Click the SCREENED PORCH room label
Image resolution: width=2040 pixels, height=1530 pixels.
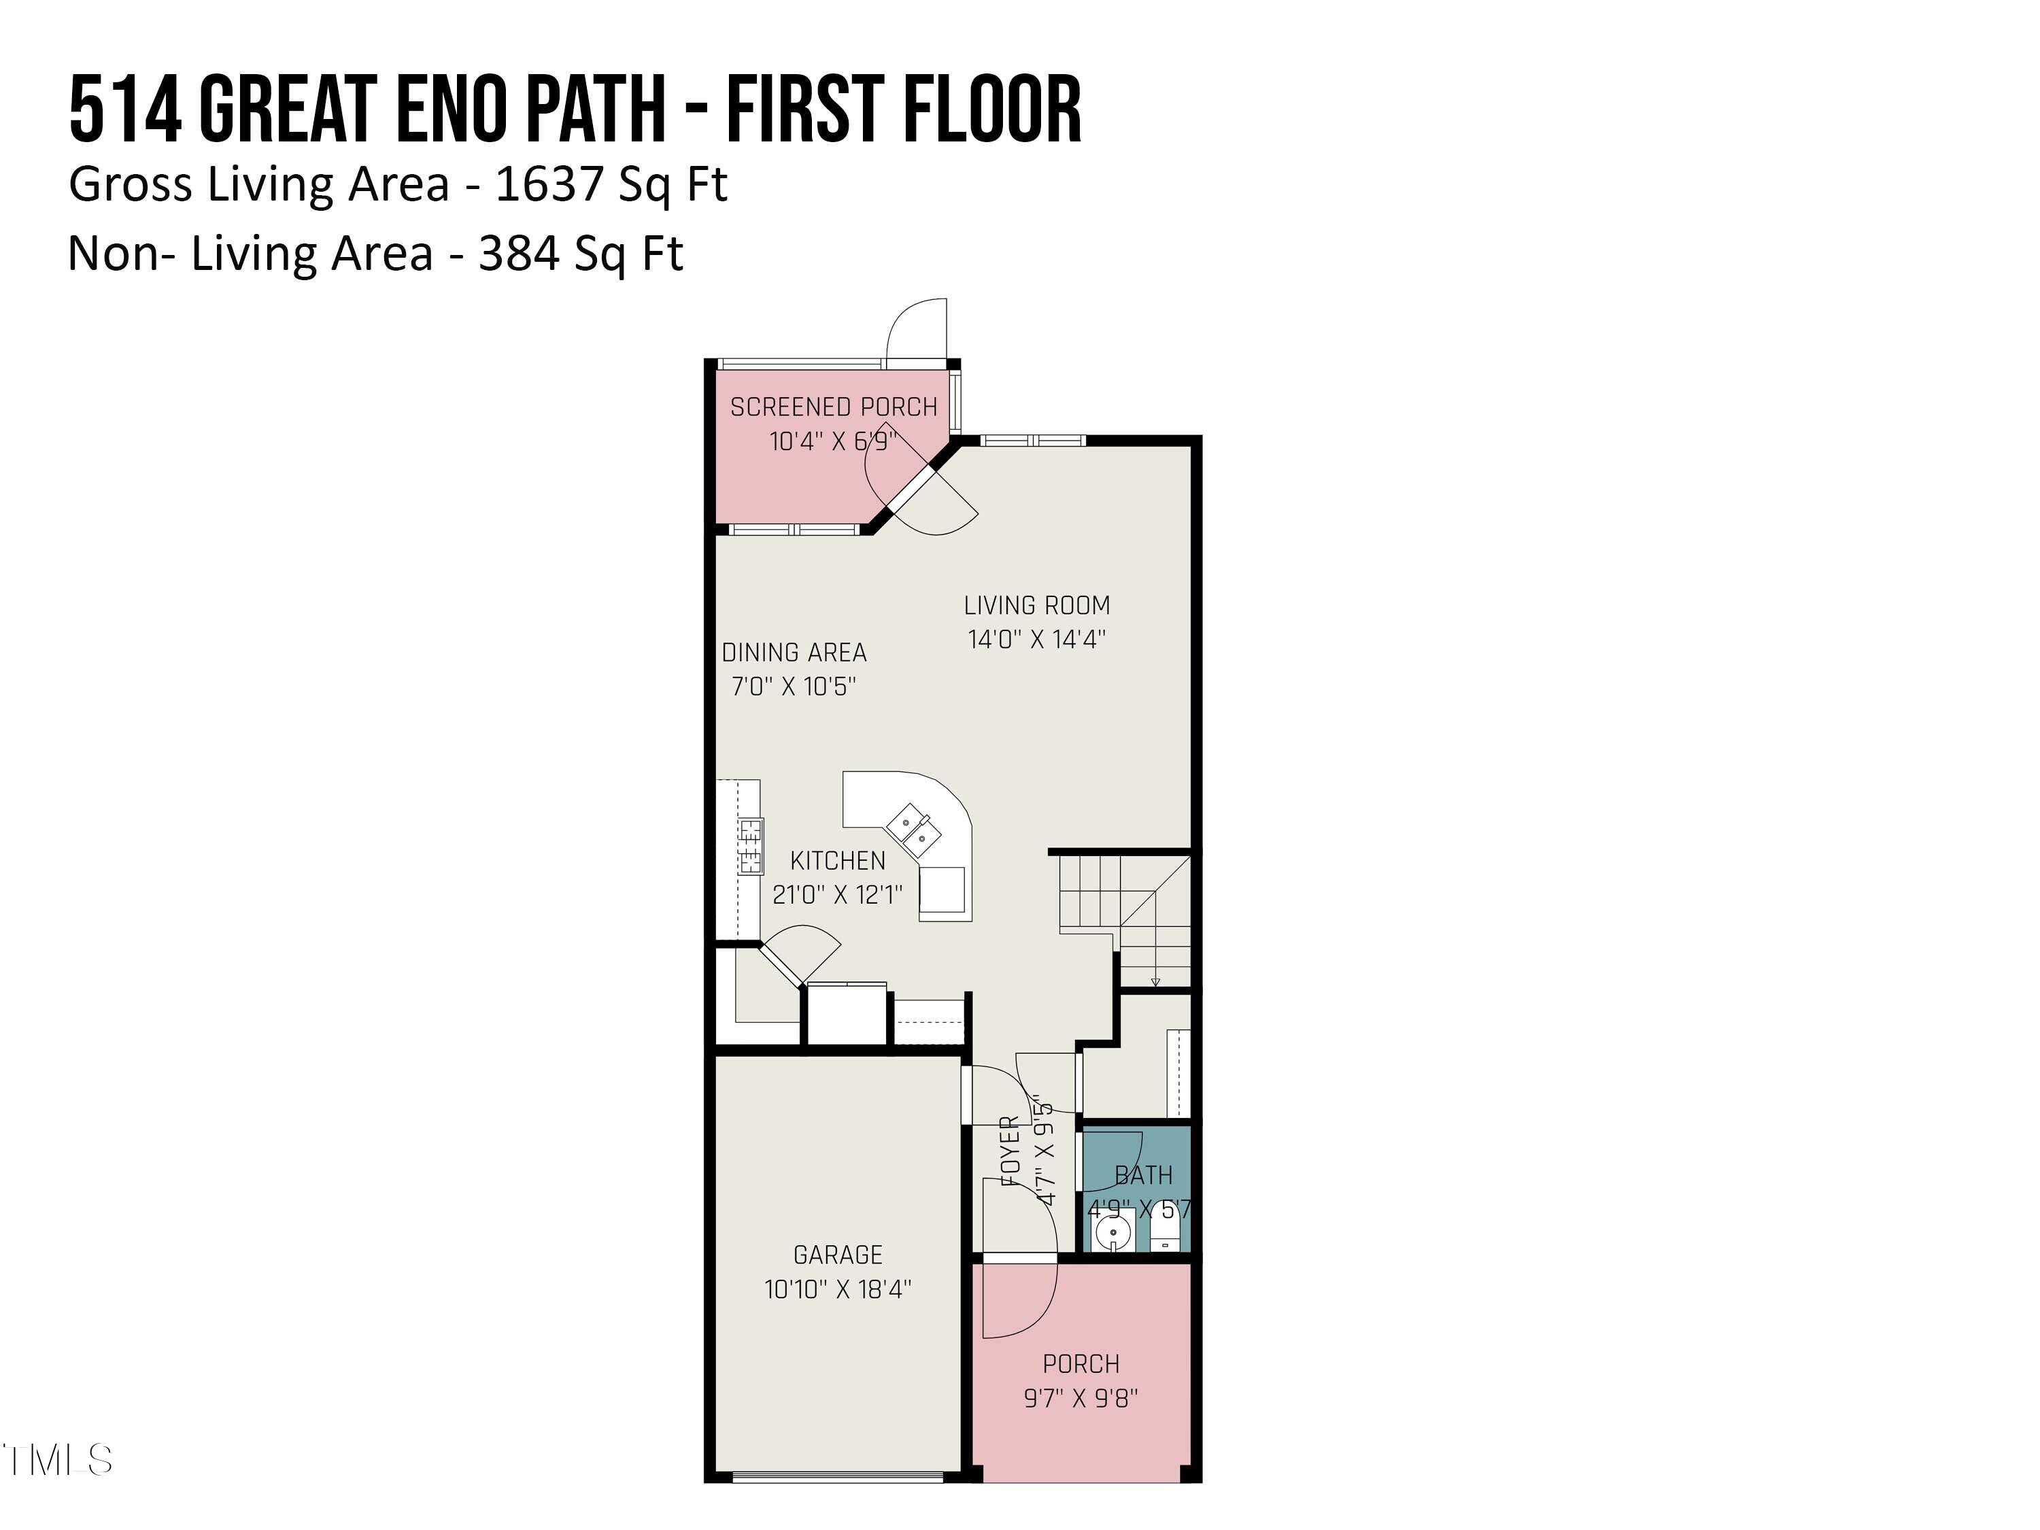click(x=833, y=407)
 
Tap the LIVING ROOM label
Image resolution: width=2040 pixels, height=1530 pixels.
click(x=1036, y=606)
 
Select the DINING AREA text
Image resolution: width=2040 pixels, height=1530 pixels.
click(x=794, y=653)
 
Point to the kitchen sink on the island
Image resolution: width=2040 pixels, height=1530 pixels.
click(x=914, y=828)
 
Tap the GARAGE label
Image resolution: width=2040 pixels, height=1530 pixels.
click(x=837, y=1255)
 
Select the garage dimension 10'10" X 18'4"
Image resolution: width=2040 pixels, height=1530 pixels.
click(x=837, y=1289)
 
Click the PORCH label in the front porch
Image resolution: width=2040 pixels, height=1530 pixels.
click(x=1081, y=1364)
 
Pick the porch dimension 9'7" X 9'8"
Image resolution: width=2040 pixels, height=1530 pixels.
click(x=1081, y=1398)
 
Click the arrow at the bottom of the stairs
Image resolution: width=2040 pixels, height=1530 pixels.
click(x=1155, y=981)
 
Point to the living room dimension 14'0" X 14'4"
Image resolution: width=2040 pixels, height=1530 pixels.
click(x=1036, y=639)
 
